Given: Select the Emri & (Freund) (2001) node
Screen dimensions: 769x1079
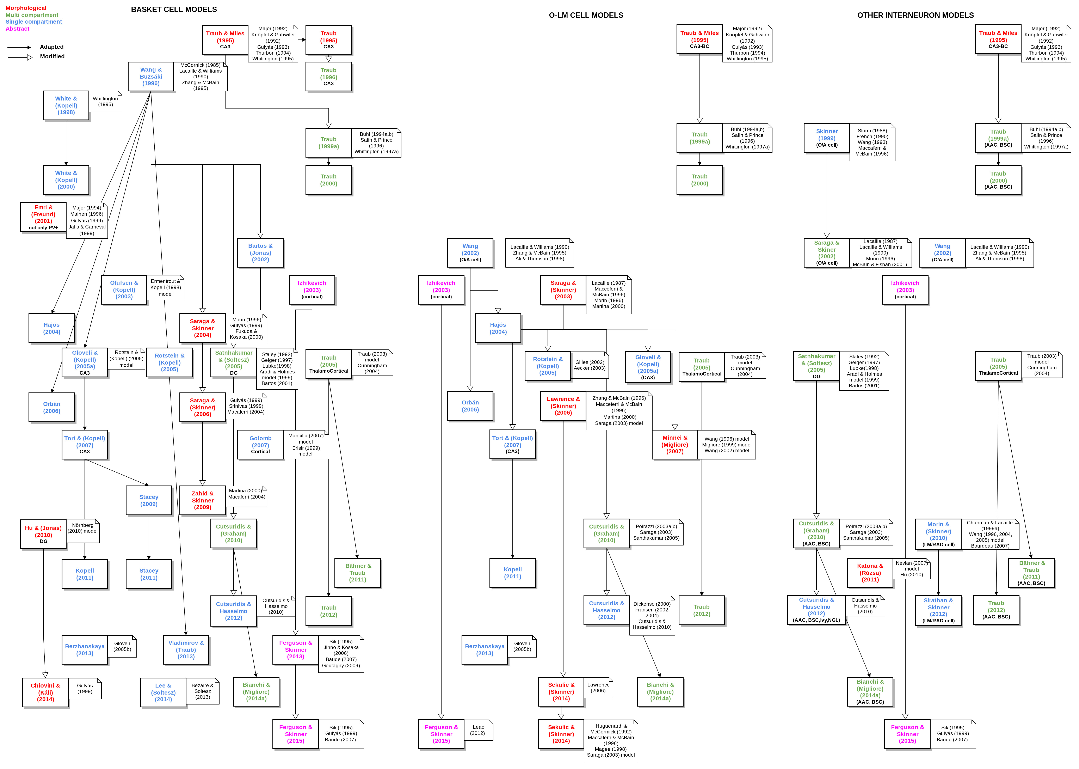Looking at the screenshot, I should [43, 217].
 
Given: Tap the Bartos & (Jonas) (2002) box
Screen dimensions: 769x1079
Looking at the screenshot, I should [260, 252].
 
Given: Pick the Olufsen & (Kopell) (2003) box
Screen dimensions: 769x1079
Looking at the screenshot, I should [124, 290].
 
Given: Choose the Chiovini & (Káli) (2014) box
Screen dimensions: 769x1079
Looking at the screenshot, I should [45, 692].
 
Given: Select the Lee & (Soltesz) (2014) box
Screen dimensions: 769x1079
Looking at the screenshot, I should [163, 692].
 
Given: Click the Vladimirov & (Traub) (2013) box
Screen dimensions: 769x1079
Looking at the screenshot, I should [186, 650].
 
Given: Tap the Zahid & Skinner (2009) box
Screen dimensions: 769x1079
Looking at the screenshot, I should [203, 500].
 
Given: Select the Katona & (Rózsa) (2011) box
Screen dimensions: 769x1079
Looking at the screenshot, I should [870, 573].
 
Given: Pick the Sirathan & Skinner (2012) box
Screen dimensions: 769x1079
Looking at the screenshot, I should [938, 610].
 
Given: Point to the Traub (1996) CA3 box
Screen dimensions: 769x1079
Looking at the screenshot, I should [328, 77].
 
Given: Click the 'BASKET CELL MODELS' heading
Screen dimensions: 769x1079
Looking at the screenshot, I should [174, 10].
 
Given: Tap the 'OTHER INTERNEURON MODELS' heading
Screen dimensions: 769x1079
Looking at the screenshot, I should [915, 15].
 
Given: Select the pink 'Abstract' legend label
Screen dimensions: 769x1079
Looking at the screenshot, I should [18, 29].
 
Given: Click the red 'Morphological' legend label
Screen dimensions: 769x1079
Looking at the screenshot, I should [26, 8].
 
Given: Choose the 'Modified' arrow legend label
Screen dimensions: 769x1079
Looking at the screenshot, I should [52, 56].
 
